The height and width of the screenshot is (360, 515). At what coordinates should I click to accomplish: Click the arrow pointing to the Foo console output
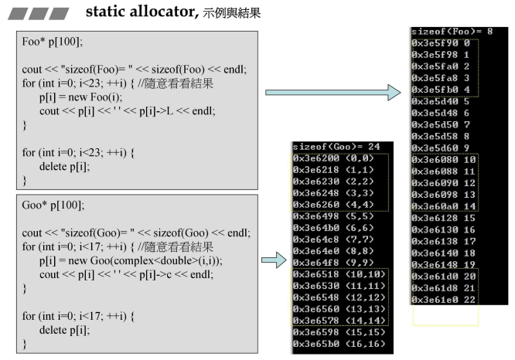333,93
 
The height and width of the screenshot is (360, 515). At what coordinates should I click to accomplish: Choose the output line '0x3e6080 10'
445,159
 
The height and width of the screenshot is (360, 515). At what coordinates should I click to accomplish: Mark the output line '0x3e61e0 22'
445,299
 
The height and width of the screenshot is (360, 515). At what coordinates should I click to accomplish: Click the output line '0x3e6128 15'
445,219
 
